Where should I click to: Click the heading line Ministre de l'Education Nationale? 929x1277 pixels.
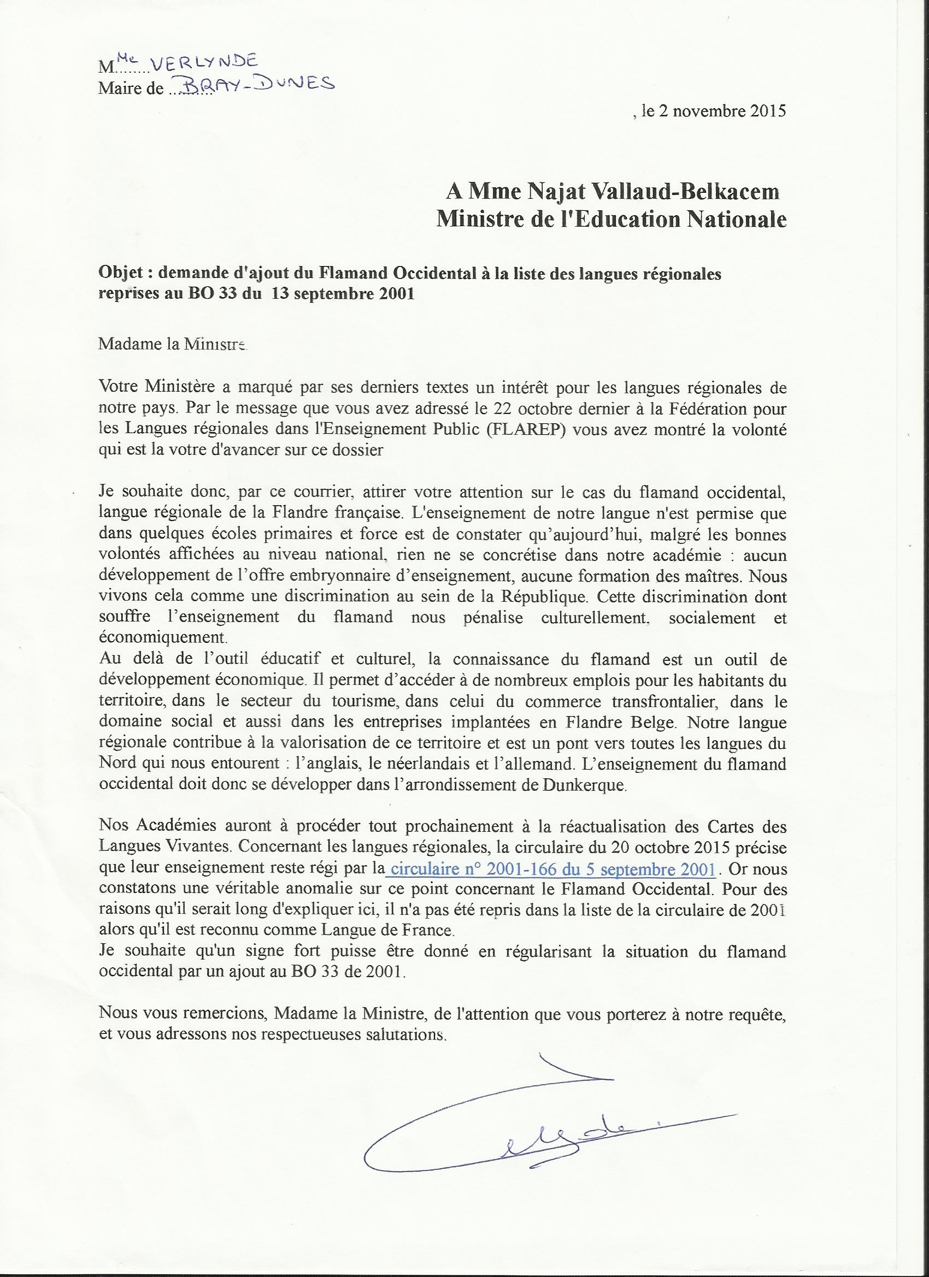[x=612, y=219]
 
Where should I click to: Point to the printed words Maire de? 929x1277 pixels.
[x=131, y=89]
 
